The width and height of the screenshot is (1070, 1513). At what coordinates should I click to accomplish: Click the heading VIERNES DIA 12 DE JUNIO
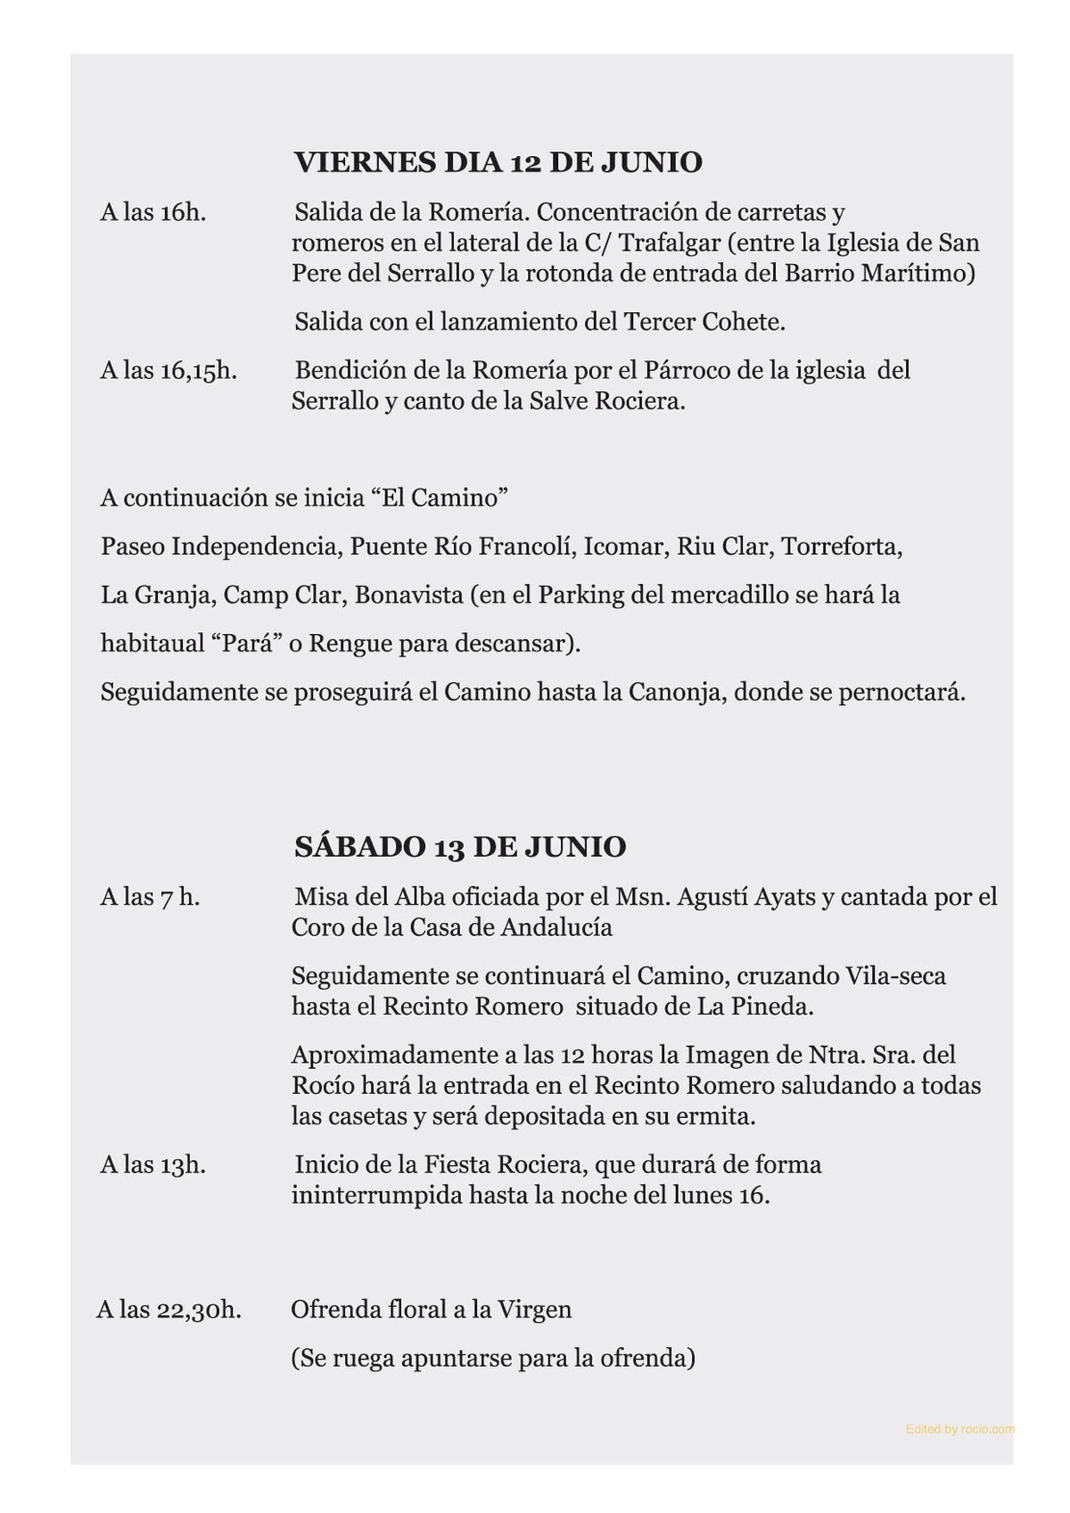(498, 162)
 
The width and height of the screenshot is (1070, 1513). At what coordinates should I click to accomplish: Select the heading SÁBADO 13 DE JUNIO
(460, 847)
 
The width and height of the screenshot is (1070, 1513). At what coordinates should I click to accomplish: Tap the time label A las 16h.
(153, 212)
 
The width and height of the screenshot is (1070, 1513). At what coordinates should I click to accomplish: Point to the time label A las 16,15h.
(169, 370)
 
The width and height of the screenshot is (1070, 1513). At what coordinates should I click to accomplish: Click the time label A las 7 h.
(150, 897)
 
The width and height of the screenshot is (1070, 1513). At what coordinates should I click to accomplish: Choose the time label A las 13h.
(152, 1165)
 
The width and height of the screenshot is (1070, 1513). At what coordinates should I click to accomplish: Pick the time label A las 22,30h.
(169, 1310)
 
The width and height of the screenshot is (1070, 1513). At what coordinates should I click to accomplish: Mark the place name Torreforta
(842, 546)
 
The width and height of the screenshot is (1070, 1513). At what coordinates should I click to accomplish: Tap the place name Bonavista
(409, 595)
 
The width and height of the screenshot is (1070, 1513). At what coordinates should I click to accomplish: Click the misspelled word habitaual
(152, 643)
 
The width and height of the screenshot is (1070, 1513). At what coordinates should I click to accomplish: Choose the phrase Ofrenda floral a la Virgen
(432, 1310)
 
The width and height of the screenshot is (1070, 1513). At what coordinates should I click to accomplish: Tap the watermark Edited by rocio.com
(959, 1430)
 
